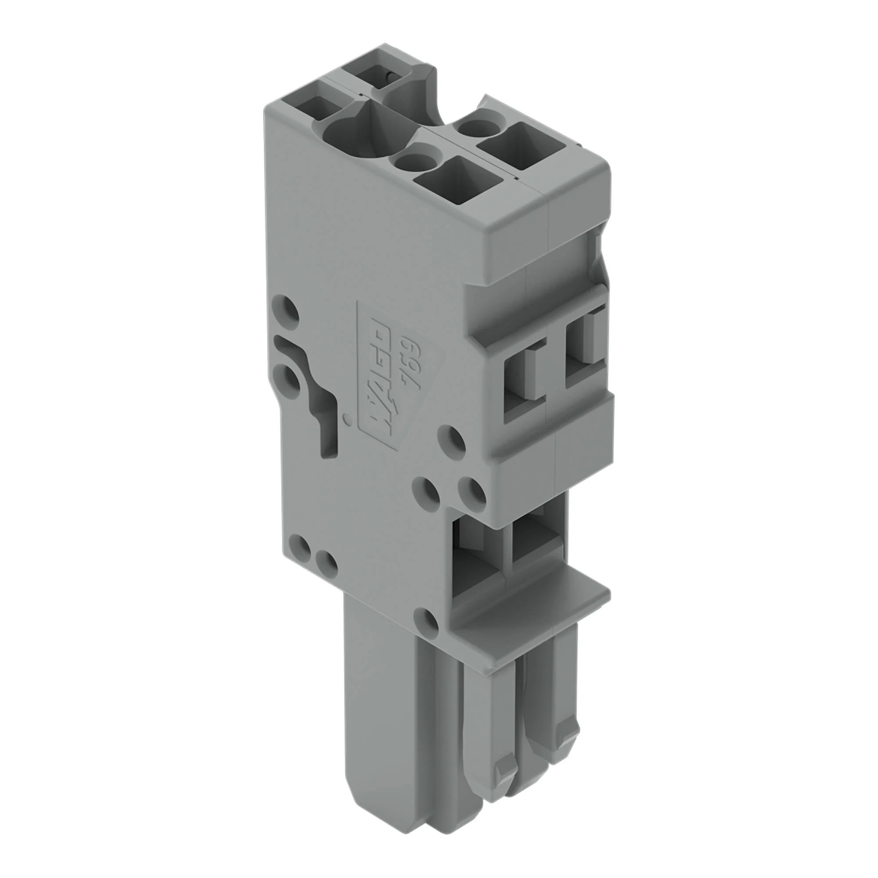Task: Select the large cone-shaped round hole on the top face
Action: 348,132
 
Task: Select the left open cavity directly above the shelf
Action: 477,559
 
